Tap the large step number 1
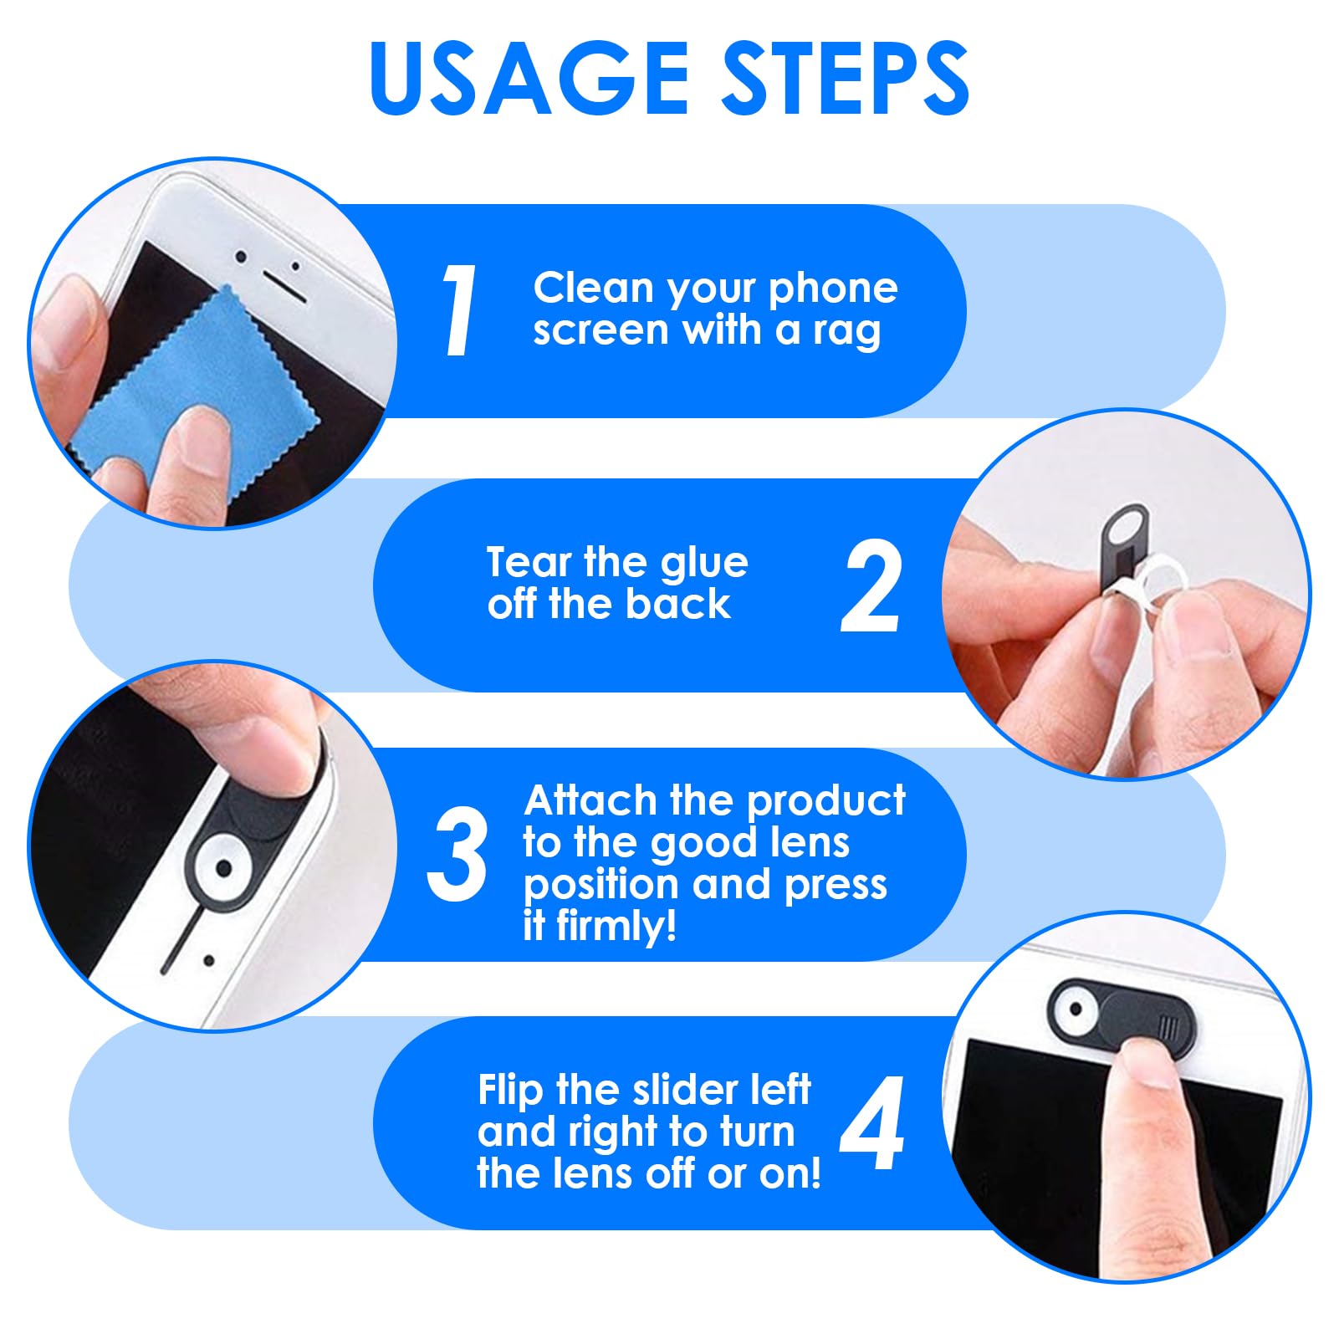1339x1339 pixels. pyautogui.click(x=459, y=310)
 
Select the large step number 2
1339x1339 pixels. pyautogui.click(x=871, y=586)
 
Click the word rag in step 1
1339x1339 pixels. pyautogui.click(x=847, y=332)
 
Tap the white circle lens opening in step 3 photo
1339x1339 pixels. pyautogui.click(x=224, y=868)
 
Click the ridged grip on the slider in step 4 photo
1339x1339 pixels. pyautogui.click(x=1169, y=1025)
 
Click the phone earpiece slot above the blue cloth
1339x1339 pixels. pyautogui.click(x=284, y=286)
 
